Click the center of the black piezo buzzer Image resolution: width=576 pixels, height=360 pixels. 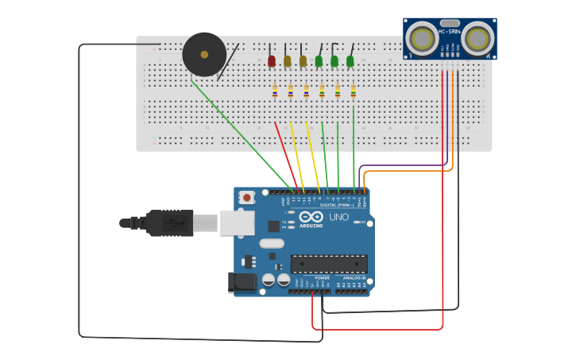pyautogui.click(x=204, y=55)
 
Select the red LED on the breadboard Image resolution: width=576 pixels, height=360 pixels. pyautogui.click(x=272, y=61)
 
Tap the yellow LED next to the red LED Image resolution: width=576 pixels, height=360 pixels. pyautogui.click(x=288, y=61)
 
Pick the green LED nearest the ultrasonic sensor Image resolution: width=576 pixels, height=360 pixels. pyautogui.click(x=350, y=61)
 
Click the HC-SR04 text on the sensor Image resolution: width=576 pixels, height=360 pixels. pyautogui.click(x=450, y=32)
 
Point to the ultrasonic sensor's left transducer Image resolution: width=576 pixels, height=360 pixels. pyautogui.click(x=422, y=38)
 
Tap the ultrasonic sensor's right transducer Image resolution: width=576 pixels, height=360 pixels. pyautogui.click(x=477, y=38)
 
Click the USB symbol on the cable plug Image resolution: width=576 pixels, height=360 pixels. pyautogui.click(x=169, y=223)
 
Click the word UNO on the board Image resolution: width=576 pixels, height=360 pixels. pyautogui.click(x=338, y=217)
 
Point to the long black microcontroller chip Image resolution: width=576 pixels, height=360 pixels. pyautogui.click(x=329, y=264)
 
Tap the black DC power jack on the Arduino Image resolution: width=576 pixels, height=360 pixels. pyautogui.click(x=242, y=282)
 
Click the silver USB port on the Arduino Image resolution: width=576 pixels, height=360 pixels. pyautogui.click(x=237, y=223)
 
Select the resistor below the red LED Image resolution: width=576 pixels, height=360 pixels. pyautogui.click(x=275, y=91)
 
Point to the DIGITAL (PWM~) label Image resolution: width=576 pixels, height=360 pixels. pyautogui.click(x=337, y=205)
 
